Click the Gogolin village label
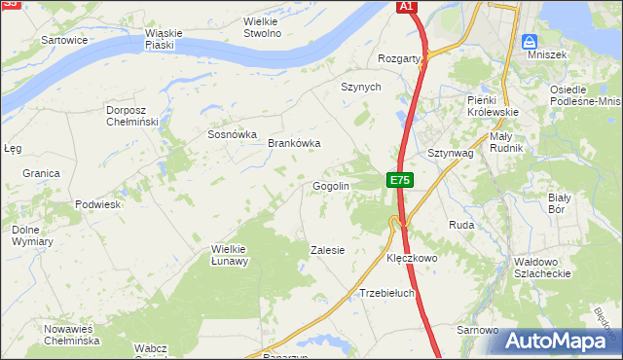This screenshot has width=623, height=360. click(330, 186)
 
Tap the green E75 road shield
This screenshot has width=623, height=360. click(400, 180)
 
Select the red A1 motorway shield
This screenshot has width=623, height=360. click(408, 7)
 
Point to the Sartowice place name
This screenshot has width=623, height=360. click(65, 40)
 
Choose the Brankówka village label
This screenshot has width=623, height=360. click(294, 143)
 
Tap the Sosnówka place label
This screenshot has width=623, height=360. click(232, 135)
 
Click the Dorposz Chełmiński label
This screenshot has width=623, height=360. click(133, 116)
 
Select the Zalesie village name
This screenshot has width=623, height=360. click(327, 250)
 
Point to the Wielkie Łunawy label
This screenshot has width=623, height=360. click(231, 255)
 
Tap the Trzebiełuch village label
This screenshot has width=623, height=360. click(387, 293)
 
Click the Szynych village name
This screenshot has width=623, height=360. click(360, 87)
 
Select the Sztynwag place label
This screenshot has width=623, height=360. click(451, 154)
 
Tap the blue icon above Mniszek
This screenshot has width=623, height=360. click(529, 42)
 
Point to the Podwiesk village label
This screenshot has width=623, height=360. click(97, 205)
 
